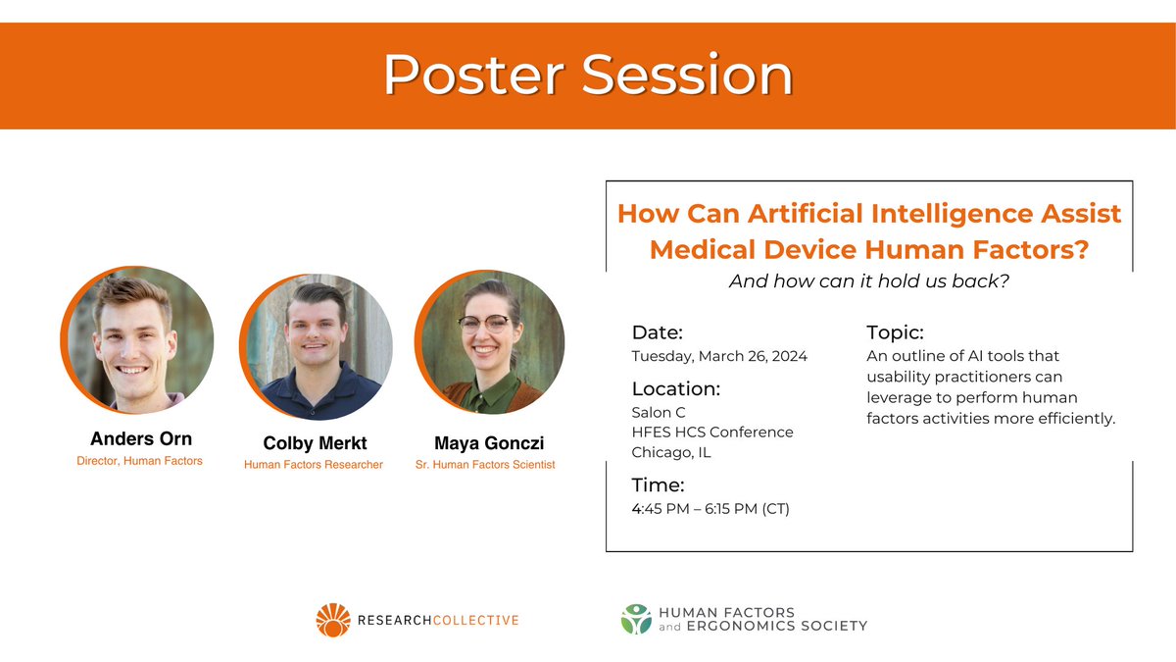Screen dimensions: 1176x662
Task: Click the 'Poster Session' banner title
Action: click(x=588, y=76)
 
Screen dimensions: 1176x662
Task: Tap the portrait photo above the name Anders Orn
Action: click(x=137, y=339)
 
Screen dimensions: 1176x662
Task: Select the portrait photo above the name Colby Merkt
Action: click(x=316, y=347)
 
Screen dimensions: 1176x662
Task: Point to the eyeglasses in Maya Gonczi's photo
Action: click(x=484, y=322)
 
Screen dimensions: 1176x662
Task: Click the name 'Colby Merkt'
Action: click(x=315, y=443)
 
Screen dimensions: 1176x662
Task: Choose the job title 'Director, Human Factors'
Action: click(x=139, y=461)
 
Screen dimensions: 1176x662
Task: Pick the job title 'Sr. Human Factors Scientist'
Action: click(x=485, y=465)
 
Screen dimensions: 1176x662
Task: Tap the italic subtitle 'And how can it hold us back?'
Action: click(x=869, y=281)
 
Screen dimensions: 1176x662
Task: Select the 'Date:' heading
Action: click(x=658, y=332)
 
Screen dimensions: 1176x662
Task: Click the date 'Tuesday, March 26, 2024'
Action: click(x=719, y=356)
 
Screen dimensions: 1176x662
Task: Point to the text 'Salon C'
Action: click(x=659, y=413)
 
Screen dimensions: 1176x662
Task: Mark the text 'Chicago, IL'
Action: click(x=671, y=452)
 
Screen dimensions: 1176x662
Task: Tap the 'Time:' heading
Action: click(x=658, y=484)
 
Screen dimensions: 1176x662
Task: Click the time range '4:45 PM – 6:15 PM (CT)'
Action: click(x=710, y=509)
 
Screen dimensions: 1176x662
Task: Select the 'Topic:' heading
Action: click(x=895, y=332)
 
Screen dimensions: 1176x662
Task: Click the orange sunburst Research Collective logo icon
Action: click(x=333, y=620)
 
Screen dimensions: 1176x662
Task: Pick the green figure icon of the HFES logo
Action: click(x=636, y=619)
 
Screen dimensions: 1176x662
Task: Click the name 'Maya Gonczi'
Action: click(x=489, y=443)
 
